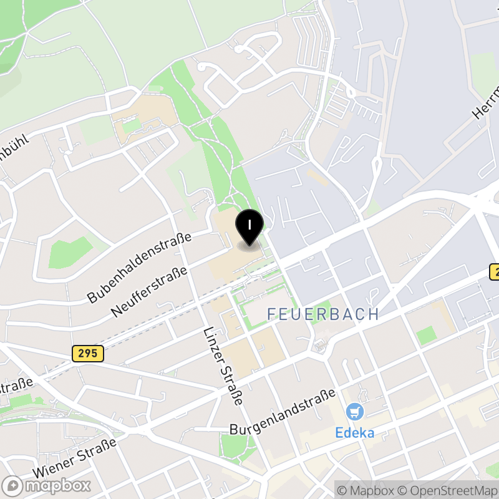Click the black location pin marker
pyautogui.click(x=249, y=228)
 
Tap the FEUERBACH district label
pyautogui.click(x=322, y=314)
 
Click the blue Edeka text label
pyautogui.click(x=355, y=432)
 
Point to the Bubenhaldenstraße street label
pyautogui.click(x=138, y=266)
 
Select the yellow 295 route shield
pyautogui.click(x=87, y=354)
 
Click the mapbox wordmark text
pyautogui.click(x=57, y=485)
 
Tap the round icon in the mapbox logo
pyautogui.click(x=12, y=485)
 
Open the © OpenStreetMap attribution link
pyautogui.click(x=449, y=490)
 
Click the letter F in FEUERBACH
pyautogui.click(x=272, y=314)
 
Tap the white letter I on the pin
pyautogui.click(x=249, y=223)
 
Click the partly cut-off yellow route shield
pyautogui.click(x=494, y=272)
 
